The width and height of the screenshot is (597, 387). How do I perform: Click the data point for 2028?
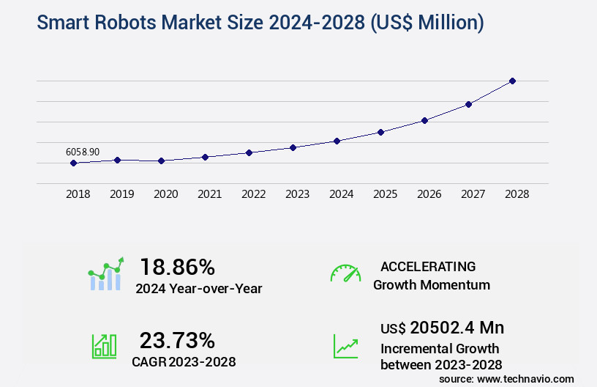(x=512, y=81)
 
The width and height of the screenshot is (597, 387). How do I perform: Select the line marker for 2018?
(x=73, y=163)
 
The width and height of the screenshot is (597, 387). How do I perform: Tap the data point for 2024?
(x=337, y=141)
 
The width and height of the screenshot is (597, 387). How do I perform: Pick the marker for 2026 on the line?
(x=424, y=120)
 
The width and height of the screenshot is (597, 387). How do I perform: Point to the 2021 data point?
(x=205, y=157)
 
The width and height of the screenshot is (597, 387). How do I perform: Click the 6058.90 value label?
(x=83, y=152)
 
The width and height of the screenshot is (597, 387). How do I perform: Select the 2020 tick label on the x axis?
(x=165, y=194)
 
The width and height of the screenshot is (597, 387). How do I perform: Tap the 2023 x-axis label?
(x=297, y=194)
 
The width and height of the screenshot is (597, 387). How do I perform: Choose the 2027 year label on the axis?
(x=473, y=194)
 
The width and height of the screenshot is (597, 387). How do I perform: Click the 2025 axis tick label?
(x=385, y=194)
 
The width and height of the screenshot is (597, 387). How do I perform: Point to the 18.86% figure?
(x=178, y=267)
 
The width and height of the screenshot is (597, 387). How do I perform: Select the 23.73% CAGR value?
(x=178, y=341)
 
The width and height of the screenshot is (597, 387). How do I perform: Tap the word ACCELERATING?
(x=428, y=267)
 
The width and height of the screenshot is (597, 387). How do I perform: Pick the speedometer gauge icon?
(x=345, y=273)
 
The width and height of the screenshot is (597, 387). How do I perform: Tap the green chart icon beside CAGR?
(x=105, y=347)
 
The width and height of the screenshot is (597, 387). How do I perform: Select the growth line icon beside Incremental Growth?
(x=345, y=347)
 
